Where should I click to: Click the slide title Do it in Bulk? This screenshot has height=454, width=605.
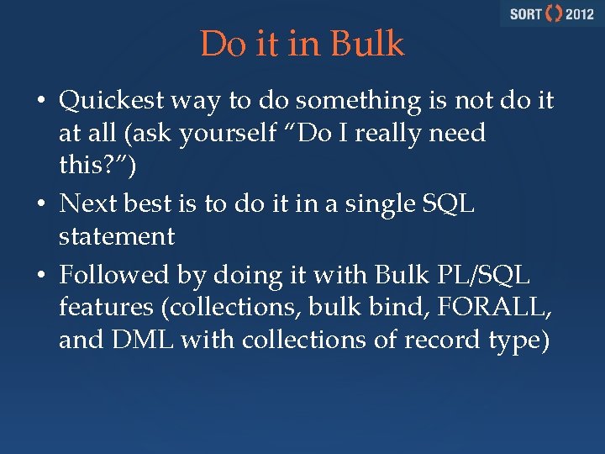302,45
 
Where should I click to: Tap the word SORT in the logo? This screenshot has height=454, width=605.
525,14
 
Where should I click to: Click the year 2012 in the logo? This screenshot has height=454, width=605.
579,14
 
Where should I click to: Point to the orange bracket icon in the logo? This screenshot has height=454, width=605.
554,14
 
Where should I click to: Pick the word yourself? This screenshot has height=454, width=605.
192,134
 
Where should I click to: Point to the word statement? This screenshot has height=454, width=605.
117,237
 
